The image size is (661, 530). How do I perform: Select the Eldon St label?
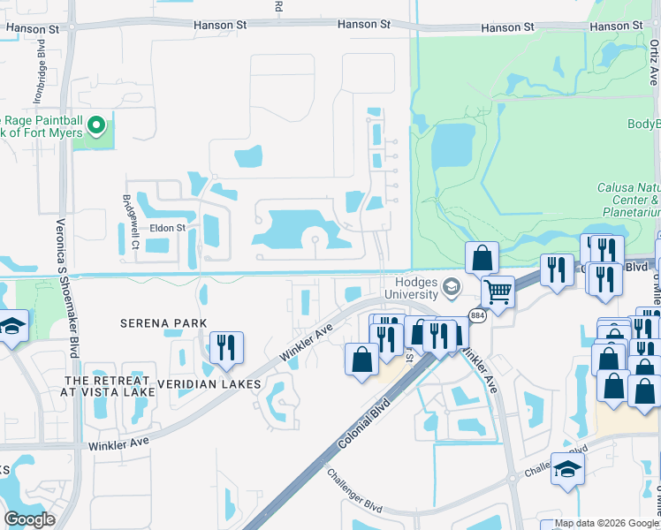coord(167,228)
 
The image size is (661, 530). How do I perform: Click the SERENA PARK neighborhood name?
coord(157,323)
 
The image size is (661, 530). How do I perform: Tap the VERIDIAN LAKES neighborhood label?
coord(209,384)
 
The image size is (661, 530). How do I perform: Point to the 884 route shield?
coord(478,315)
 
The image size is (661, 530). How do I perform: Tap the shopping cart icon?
coord(498,291)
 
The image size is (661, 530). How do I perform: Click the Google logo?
coord(30,519)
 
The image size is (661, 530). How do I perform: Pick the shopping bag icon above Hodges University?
coord(482,257)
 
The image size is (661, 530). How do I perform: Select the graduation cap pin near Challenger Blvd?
coord(567,467)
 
